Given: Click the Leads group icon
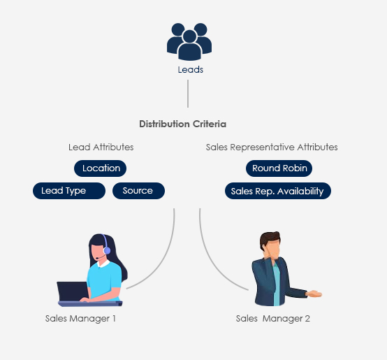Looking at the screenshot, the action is point(189,42).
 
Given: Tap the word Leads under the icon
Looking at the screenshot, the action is point(191,70).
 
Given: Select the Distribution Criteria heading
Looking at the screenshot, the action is point(182,124).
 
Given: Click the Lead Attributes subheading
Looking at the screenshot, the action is point(101,147).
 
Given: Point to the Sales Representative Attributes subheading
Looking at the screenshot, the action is point(272,147).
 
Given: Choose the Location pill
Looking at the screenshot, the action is point(100,168).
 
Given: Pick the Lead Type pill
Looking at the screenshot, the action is point(69,191).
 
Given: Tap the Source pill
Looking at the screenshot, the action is point(138,191).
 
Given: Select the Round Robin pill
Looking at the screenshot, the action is point(279,168).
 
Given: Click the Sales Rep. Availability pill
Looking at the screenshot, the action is point(278,191).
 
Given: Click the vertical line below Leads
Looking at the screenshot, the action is point(188,94).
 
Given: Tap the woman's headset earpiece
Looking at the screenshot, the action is point(107,251).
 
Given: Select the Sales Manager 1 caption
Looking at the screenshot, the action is point(80,319).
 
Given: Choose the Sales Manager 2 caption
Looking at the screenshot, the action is point(272,319).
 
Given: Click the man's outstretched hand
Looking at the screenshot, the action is point(314,294).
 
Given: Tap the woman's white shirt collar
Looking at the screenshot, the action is point(103,264).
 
